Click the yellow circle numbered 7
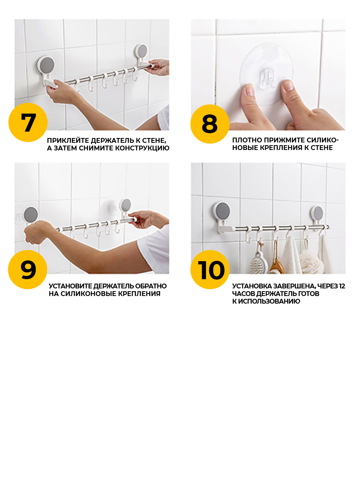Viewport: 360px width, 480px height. pos(28,122)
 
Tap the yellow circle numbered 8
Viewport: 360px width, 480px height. pos(210,124)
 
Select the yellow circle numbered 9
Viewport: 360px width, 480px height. pos(28,270)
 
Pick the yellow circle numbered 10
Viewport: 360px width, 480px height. pos(210,270)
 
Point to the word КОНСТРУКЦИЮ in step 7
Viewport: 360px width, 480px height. pos(142,148)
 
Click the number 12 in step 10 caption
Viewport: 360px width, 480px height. pos(342,286)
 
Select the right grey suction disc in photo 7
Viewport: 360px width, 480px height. pos(142,52)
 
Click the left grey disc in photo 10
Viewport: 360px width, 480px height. pos(223,211)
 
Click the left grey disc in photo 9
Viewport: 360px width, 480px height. pos(31,214)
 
